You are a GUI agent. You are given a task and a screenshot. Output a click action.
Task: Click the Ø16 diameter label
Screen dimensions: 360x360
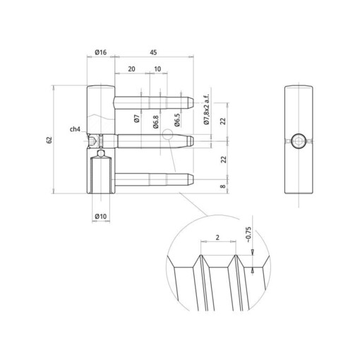click(99, 52)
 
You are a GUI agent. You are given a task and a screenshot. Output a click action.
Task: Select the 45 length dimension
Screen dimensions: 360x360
click(152, 52)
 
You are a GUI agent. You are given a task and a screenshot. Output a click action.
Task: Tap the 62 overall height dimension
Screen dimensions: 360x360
click(49, 139)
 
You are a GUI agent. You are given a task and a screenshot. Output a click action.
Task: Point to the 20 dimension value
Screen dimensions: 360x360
click(132, 68)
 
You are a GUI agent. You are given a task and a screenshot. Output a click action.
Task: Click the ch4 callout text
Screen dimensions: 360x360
click(74, 129)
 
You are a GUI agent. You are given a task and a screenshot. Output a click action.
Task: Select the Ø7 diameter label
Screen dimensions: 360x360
click(136, 117)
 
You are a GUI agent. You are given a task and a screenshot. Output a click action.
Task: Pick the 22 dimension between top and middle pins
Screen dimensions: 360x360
click(224, 120)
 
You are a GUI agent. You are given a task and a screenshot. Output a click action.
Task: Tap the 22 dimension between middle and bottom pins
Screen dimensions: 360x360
click(224, 160)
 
